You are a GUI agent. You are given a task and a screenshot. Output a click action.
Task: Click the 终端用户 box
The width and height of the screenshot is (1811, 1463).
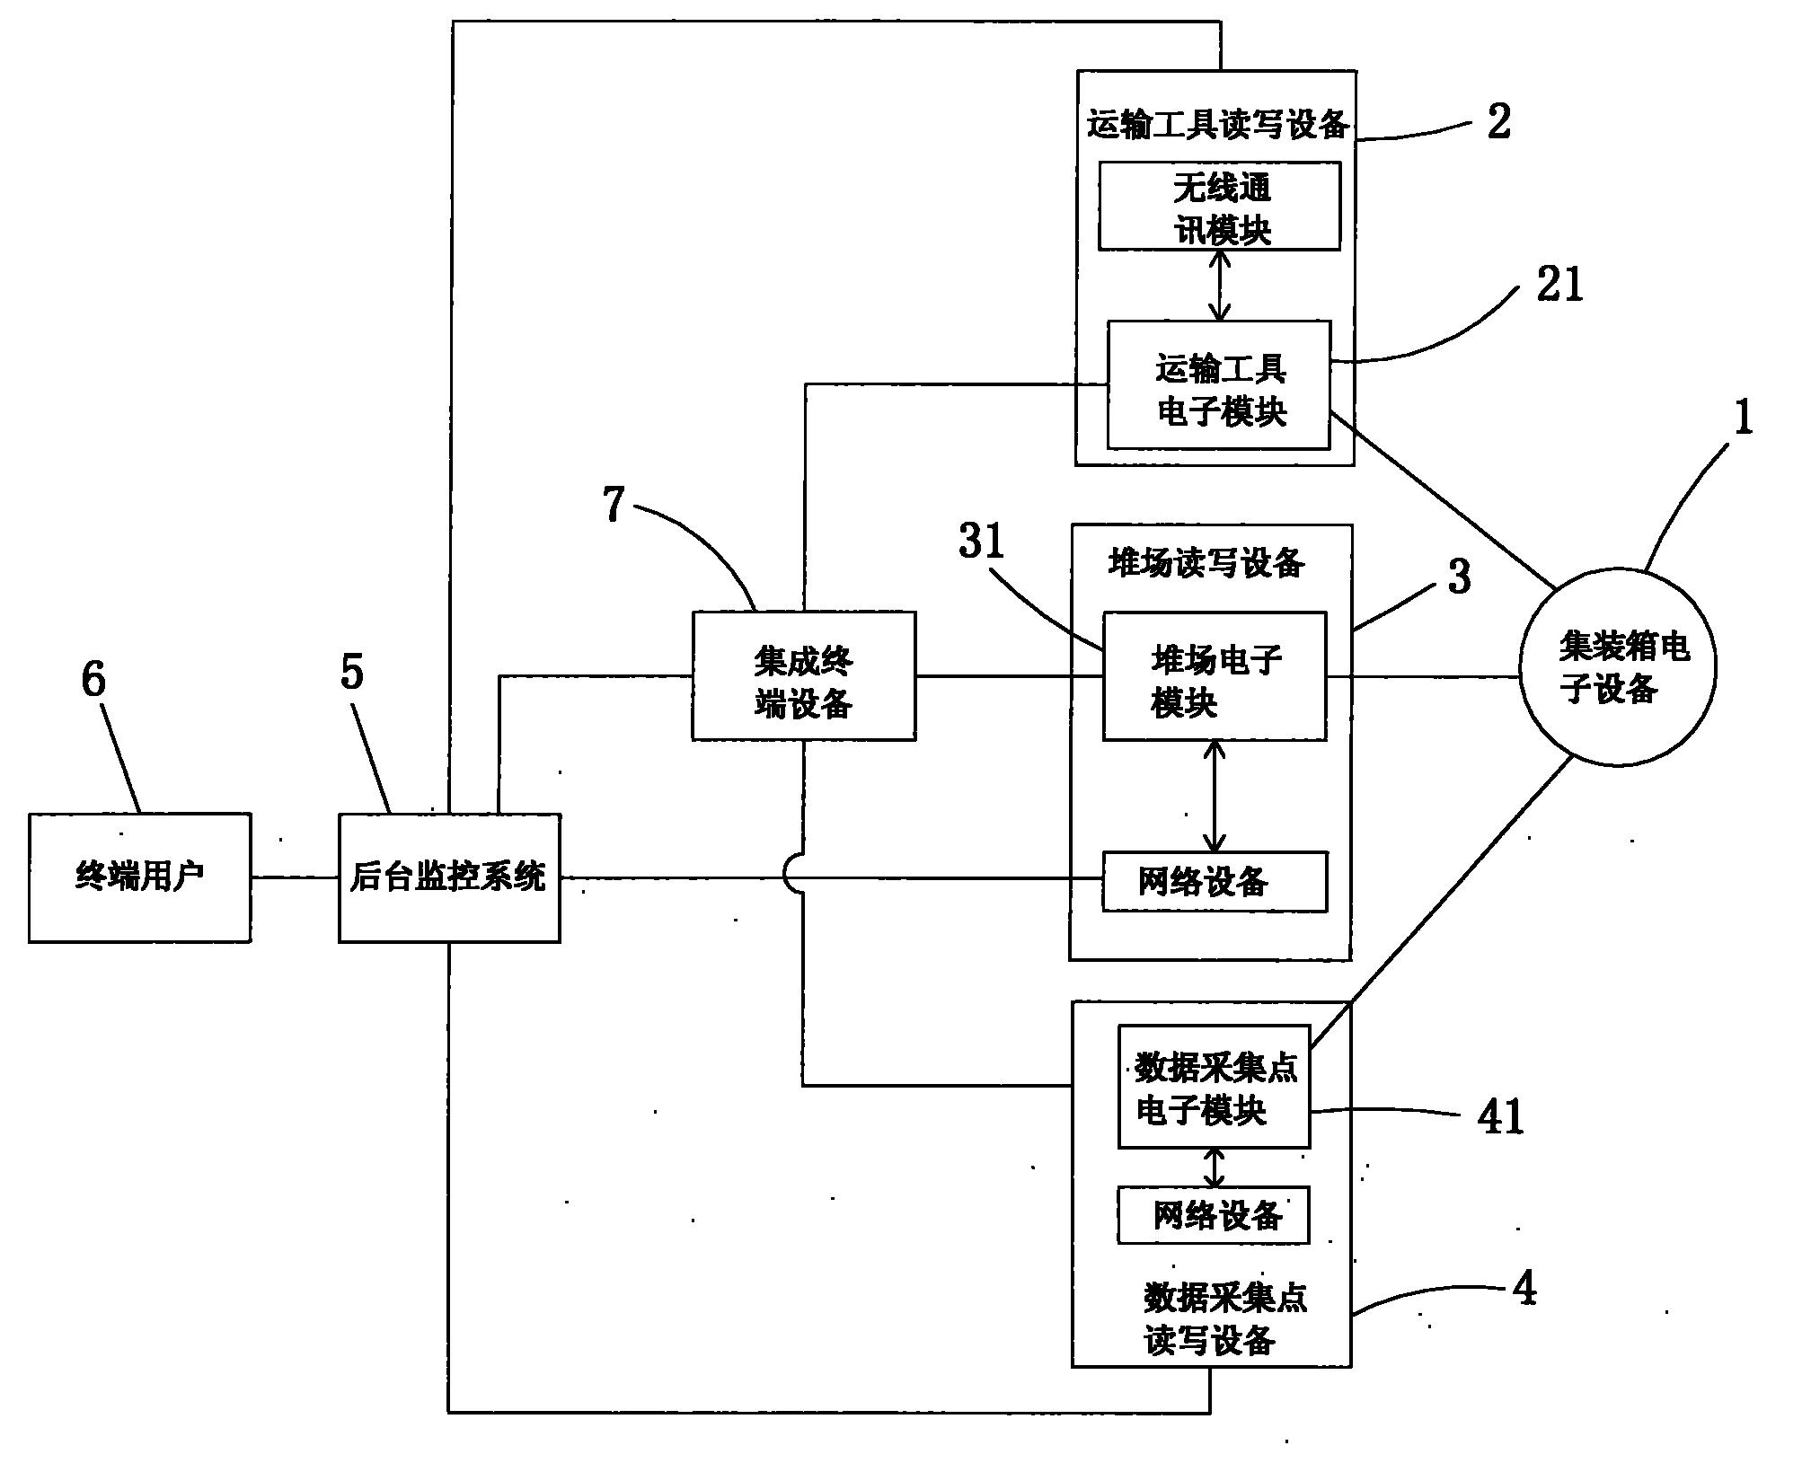pos(139,877)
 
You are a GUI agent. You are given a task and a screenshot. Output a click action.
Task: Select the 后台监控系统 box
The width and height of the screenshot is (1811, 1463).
pos(448,877)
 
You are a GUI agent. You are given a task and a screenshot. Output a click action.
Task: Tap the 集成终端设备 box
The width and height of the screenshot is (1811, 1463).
pos(803,676)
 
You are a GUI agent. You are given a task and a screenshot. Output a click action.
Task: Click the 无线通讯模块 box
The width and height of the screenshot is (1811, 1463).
pos(1219,207)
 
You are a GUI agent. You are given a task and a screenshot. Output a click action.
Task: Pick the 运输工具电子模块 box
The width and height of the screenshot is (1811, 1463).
pos(1218,384)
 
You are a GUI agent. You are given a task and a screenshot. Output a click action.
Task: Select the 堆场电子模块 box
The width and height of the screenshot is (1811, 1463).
pos(1214,676)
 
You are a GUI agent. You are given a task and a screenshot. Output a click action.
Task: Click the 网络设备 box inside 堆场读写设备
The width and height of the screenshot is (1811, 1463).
pos(1214,882)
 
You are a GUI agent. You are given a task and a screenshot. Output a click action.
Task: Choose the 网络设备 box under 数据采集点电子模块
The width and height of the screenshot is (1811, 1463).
pos(1213,1215)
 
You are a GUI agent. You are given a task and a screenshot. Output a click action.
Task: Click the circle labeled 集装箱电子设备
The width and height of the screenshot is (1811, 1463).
pos(1617,666)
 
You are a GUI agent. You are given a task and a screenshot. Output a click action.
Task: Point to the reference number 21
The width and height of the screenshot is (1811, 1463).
pos(1559,286)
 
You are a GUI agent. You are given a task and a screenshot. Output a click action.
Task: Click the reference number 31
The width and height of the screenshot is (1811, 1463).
pos(981,542)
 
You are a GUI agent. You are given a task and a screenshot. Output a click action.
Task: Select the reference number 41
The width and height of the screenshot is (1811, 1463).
pos(1500,1117)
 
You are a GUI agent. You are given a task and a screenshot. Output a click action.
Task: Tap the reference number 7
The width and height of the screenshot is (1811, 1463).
pos(614,505)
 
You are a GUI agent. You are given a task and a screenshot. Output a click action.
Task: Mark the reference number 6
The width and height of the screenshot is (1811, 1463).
pos(93,679)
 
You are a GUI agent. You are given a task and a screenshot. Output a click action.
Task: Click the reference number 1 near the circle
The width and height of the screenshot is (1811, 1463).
pos(1743,418)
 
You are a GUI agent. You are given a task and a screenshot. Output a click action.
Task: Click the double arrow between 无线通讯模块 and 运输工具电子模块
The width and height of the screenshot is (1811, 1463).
pos(1219,286)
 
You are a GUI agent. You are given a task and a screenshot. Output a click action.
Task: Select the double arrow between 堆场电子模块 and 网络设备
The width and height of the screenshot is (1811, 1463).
pos(1215,796)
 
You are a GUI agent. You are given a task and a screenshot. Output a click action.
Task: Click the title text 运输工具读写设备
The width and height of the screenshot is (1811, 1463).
pos(1217,125)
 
